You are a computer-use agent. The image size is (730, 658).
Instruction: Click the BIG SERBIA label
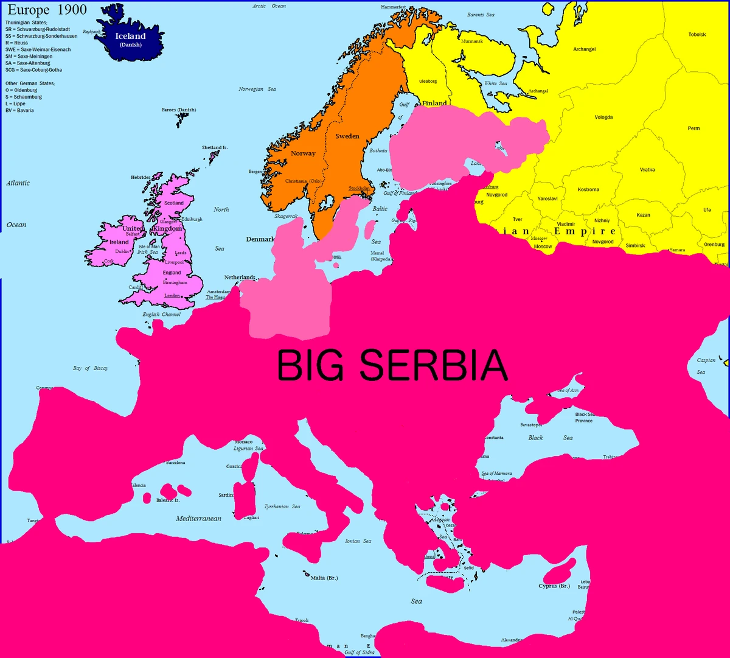pos(392,365)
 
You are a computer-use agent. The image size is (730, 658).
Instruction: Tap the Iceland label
pos(130,37)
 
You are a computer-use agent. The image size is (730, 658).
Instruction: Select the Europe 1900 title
pos(47,10)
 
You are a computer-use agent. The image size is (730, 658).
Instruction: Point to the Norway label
pos(303,153)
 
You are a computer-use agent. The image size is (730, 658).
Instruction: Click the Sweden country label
pos(347,136)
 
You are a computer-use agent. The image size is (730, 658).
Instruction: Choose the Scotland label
pos(174,203)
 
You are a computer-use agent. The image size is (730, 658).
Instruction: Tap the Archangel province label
pos(584,49)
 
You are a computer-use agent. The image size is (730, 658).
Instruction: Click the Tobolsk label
pos(697,35)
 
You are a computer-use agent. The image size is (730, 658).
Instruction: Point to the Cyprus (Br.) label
pos(554,586)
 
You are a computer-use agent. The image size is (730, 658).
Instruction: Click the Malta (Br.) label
pos(324,578)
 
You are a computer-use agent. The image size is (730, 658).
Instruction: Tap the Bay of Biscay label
pos(91,368)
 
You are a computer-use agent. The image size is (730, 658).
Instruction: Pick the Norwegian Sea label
pos(257,89)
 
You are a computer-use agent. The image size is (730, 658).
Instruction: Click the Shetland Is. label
pos(215,148)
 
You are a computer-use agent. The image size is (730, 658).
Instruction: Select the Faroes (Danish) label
pos(178,110)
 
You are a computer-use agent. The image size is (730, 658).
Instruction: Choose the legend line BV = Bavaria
pos(19,111)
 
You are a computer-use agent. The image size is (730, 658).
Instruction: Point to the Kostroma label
pos(588,190)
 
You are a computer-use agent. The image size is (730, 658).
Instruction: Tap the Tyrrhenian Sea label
pos(282,506)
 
